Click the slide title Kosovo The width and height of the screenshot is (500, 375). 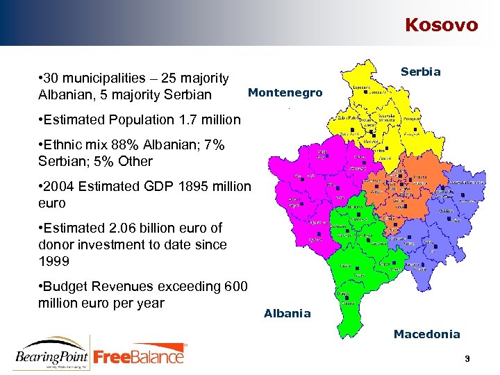[x=441, y=25]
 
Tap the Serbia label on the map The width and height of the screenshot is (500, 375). [x=420, y=72]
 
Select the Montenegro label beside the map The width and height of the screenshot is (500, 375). [x=285, y=92]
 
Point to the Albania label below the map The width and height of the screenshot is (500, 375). [x=287, y=313]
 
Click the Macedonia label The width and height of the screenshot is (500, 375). [x=426, y=334]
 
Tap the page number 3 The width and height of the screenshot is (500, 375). [x=468, y=358]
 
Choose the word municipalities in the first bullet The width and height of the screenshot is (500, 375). [x=103, y=78]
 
